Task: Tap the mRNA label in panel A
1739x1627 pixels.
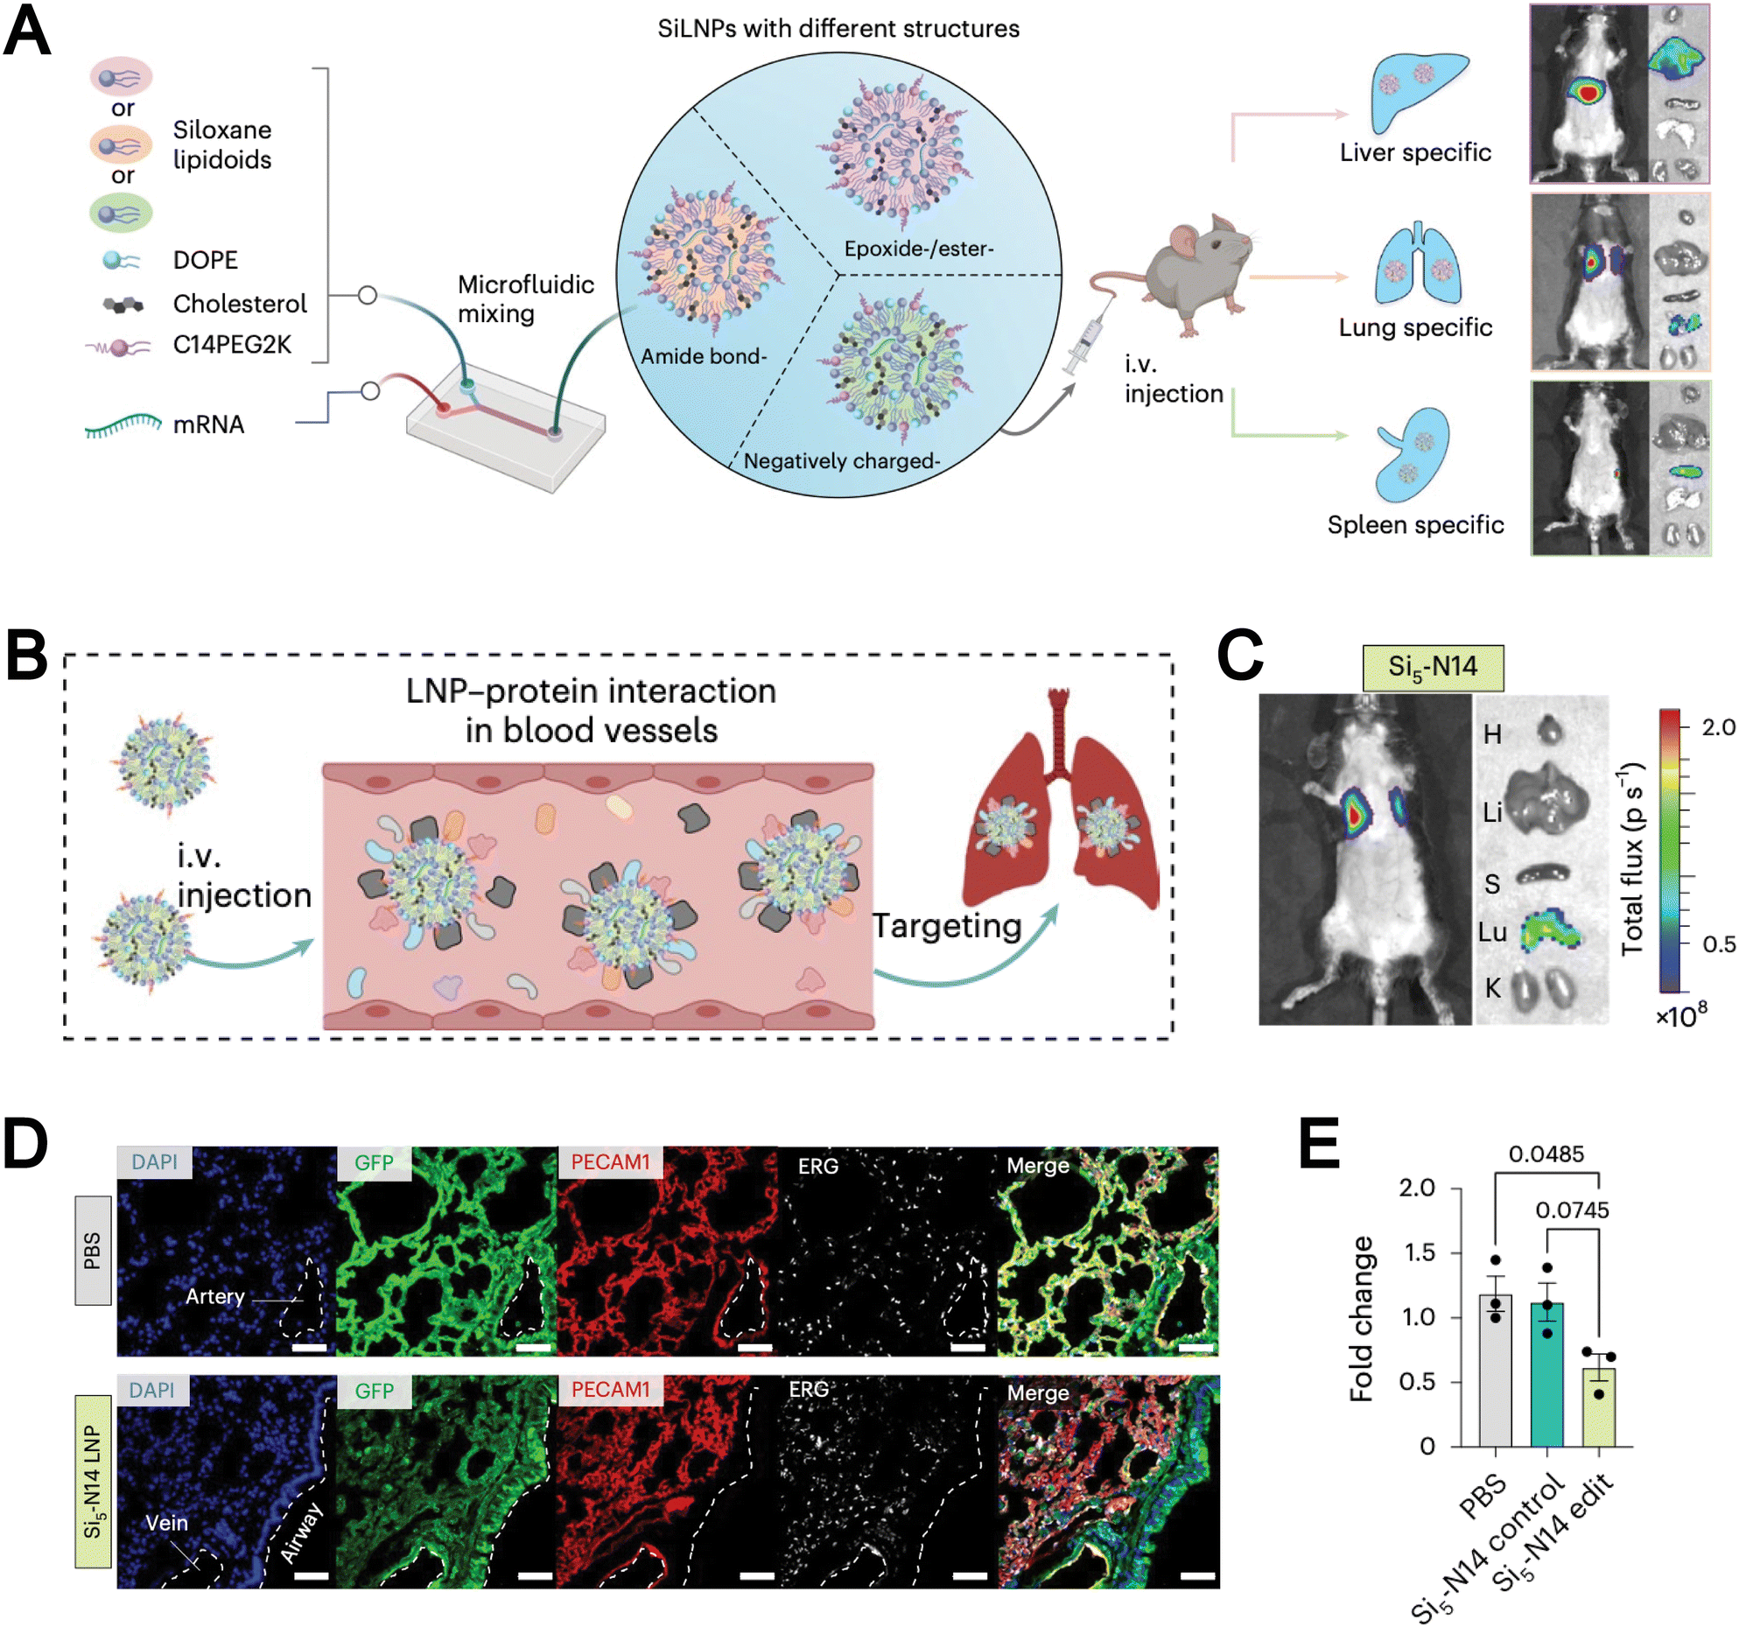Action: point(208,424)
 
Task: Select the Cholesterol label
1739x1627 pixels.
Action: point(239,304)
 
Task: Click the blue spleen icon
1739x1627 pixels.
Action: point(1412,455)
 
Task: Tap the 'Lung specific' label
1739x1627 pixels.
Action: point(1415,327)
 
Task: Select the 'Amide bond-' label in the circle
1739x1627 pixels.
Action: point(703,356)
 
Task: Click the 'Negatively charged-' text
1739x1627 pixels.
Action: point(841,461)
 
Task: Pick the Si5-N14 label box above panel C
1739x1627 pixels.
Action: point(1432,667)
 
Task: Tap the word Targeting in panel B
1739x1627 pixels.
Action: point(947,925)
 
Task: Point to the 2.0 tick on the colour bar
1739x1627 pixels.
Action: point(1717,726)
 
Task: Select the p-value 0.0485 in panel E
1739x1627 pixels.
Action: point(1546,1154)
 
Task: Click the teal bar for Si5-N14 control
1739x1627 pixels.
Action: point(1546,1373)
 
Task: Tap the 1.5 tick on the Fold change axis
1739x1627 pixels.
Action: point(1420,1252)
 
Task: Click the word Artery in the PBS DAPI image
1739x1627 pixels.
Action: point(214,1296)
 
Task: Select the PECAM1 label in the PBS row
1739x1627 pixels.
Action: point(610,1161)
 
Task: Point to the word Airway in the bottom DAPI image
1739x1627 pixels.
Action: point(302,1532)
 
